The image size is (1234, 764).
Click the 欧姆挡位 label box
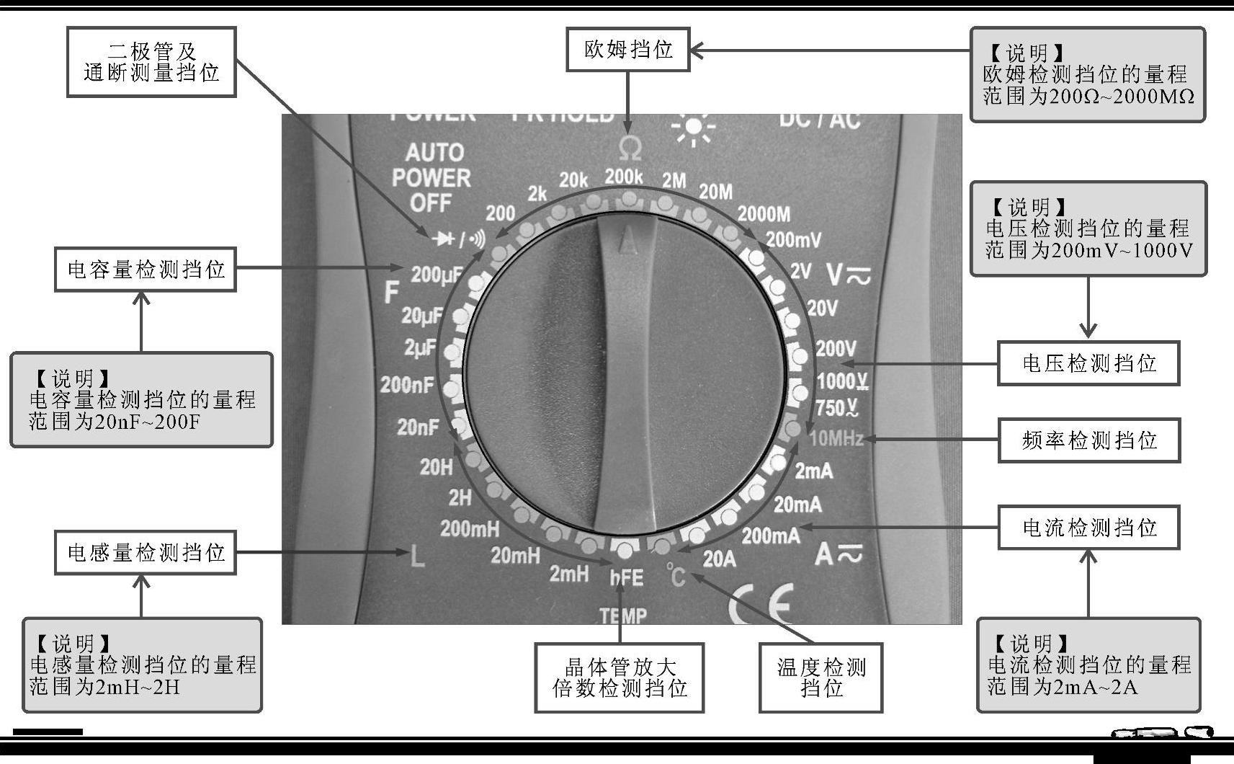pyautogui.click(x=627, y=50)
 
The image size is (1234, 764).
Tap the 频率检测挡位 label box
pyautogui.click(x=1088, y=440)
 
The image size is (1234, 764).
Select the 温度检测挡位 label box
pyautogui.click(x=821, y=678)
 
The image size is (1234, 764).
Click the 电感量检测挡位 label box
pyautogui.click(x=146, y=553)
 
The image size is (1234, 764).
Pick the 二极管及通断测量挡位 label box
pyautogui.click(x=151, y=62)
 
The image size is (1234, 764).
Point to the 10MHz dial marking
pyautogui.click(x=836, y=437)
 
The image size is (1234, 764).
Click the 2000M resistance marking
pyautogui.click(x=764, y=214)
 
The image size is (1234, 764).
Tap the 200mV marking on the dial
pyautogui.click(x=792, y=239)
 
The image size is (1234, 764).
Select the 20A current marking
pyautogui.click(x=719, y=559)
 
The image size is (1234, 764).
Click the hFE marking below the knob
pyautogui.click(x=626, y=577)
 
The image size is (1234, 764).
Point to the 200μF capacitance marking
pyautogui.click(x=437, y=275)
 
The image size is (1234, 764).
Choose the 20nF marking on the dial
pyautogui.click(x=418, y=427)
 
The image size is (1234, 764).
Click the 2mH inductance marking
pyautogui.click(x=568, y=574)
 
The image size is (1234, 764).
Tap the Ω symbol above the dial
pyautogui.click(x=630, y=148)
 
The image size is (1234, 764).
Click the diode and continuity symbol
pyautogui.click(x=458, y=239)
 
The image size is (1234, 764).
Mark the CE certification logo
pyautogui.click(x=761, y=604)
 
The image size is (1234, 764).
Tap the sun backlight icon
pyautogui.click(x=693, y=128)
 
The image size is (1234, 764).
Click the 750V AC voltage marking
pyautogui.click(x=836, y=408)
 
